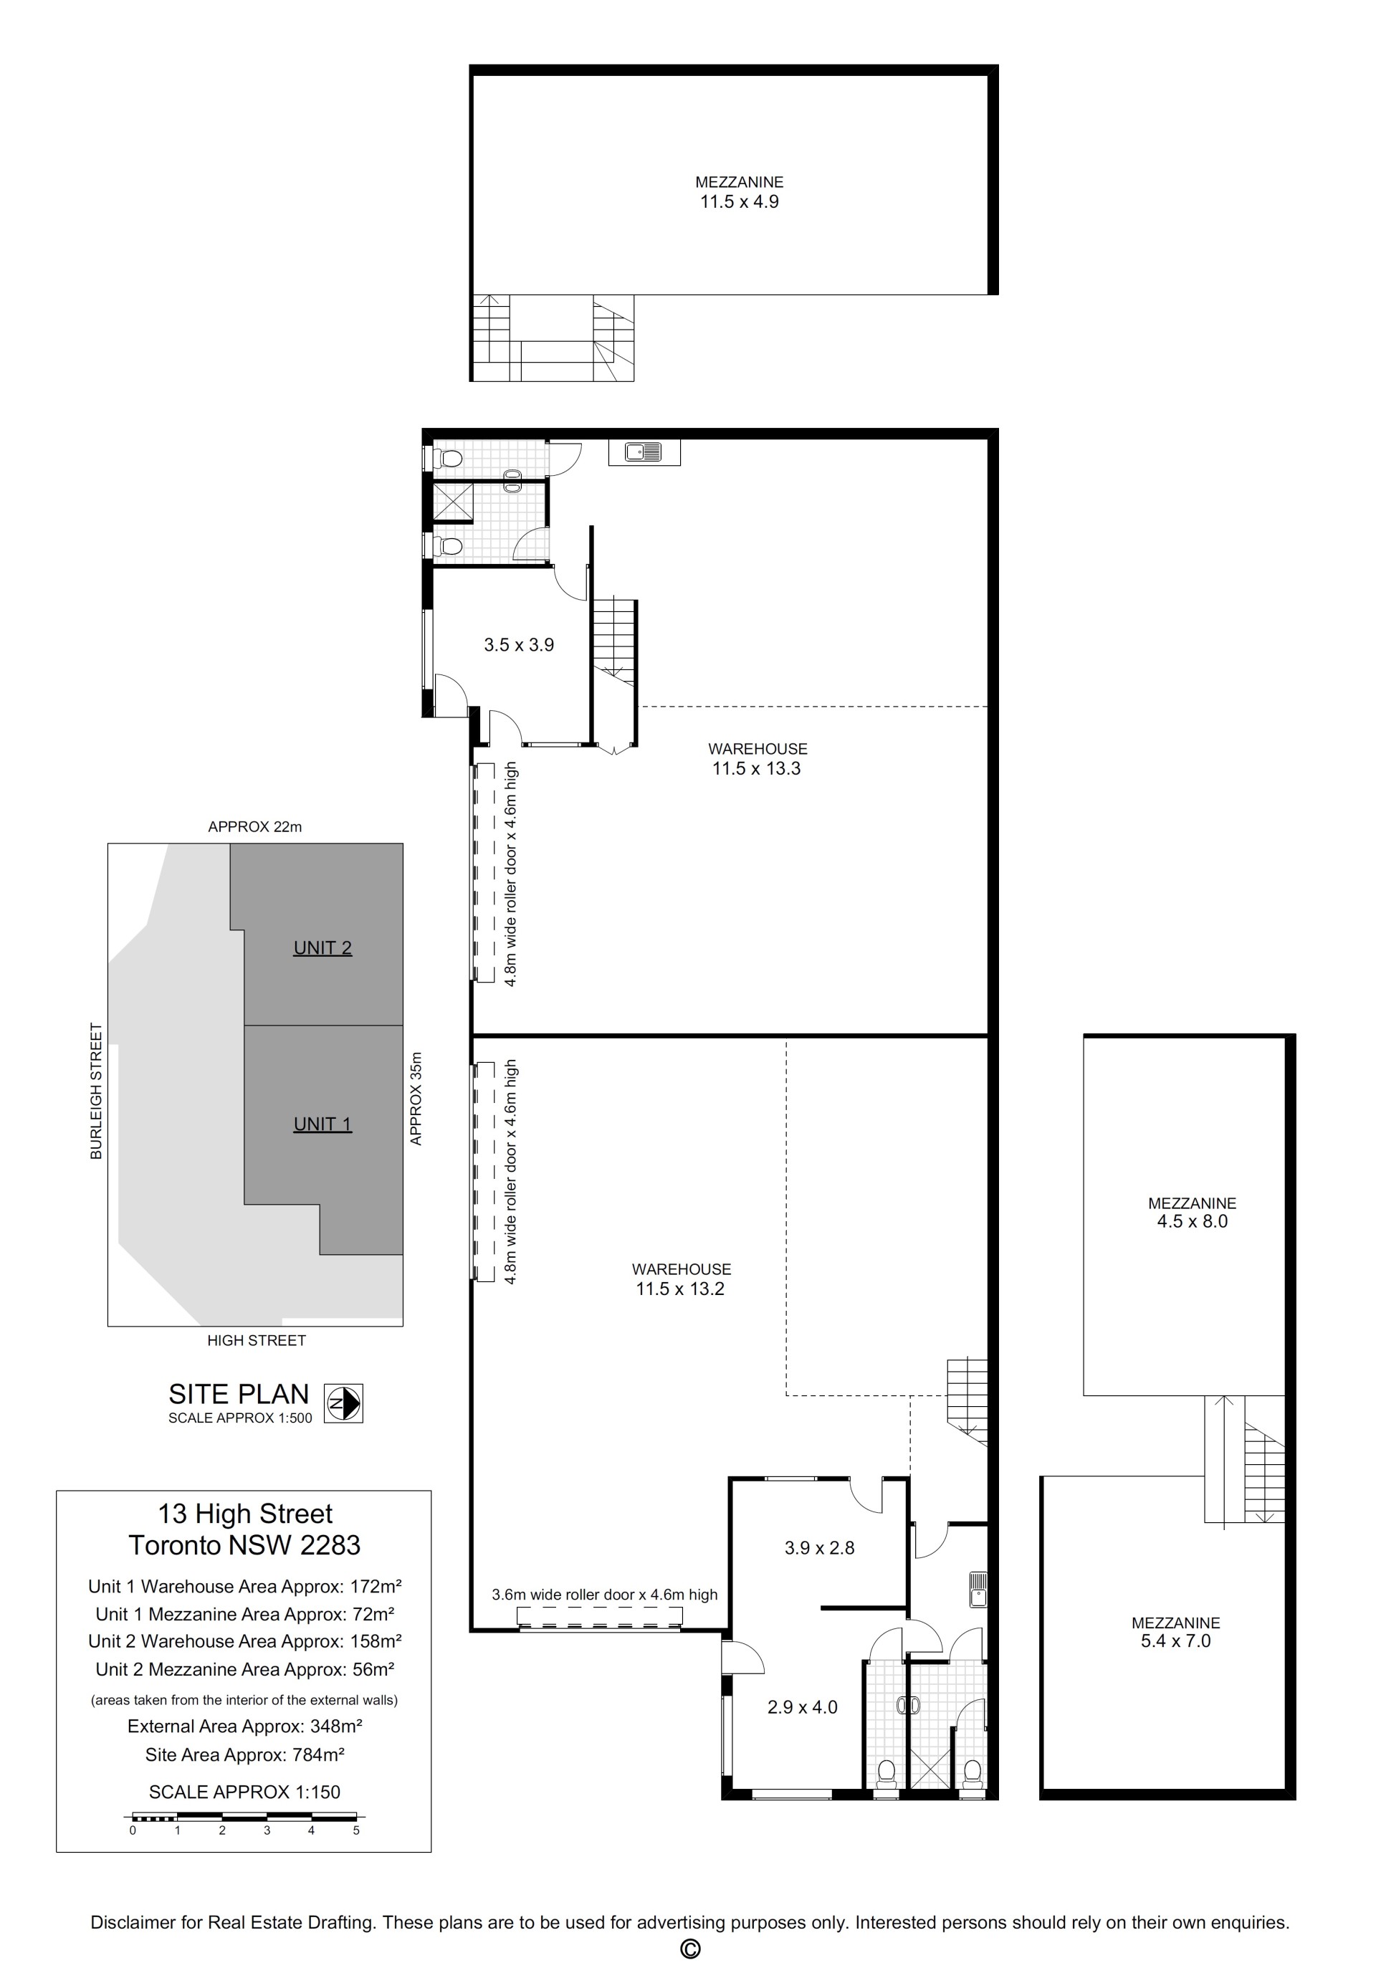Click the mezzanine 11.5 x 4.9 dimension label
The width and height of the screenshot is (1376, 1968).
pyautogui.click(x=739, y=201)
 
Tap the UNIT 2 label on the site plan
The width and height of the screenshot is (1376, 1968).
pyautogui.click(x=322, y=948)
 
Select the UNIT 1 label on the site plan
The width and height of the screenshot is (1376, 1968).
pyautogui.click(x=322, y=1124)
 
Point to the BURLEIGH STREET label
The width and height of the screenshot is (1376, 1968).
pyautogui.click(x=96, y=1091)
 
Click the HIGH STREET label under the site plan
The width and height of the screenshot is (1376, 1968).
pyautogui.click(x=257, y=1341)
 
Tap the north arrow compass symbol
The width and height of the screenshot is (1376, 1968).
pyautogui.click(x=344, y=1404)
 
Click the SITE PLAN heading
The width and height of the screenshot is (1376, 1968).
pyautogui.click(x=239, y=1394)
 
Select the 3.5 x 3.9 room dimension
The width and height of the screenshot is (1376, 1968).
pyautogui.click(x=519, y=644)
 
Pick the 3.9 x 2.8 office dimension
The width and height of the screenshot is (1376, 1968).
pyautogui.click(x=820, y=1548)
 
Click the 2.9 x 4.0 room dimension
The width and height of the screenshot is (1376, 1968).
pyautogui.click(x=803, y=1707)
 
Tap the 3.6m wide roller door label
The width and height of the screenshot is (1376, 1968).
pyautogui.click(x=604, y=1595)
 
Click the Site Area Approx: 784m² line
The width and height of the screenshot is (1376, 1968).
pyautogui.click(x=244, y=1754)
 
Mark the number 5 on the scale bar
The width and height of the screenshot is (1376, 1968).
pyautogui.click(x=355, y=1830)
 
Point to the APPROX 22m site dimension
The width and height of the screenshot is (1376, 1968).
pyautogui.click(x=254, y=827)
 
